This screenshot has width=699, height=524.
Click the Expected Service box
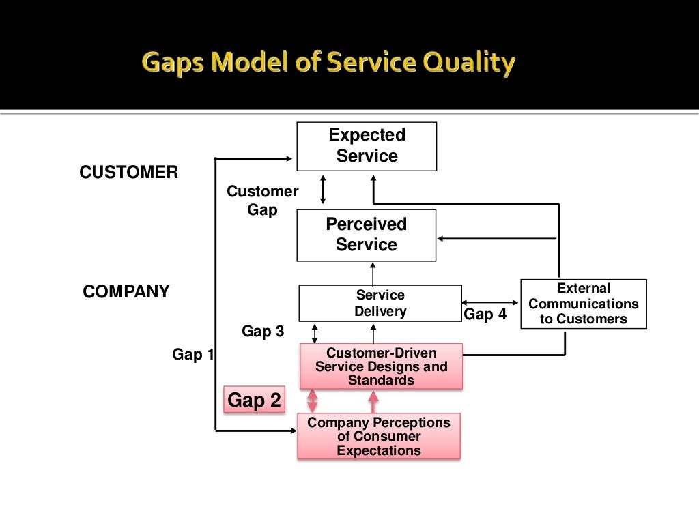[367, 146]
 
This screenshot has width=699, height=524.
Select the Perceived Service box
[367, 235]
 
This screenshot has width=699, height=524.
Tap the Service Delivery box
[380, 304]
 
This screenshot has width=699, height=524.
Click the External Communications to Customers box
[583, 304]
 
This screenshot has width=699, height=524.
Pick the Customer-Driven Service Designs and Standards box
[381, 366]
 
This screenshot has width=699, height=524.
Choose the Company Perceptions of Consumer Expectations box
[379, 436]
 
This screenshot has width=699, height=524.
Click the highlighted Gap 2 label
[254, 401]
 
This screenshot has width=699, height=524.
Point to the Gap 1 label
[192, 355]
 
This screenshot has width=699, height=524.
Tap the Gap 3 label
[263, 332]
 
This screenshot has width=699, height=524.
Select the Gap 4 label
[485, 315]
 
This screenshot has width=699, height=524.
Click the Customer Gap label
[263, 201]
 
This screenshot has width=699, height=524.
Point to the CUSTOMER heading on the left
[129, 173]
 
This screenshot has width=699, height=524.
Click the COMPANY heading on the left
[126, 292]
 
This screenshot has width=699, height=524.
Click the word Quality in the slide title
[467, 64]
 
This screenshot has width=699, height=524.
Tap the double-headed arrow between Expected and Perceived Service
[324, 190]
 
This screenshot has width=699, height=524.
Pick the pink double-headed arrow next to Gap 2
[313, 401]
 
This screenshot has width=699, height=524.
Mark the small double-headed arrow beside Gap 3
[315, 333]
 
